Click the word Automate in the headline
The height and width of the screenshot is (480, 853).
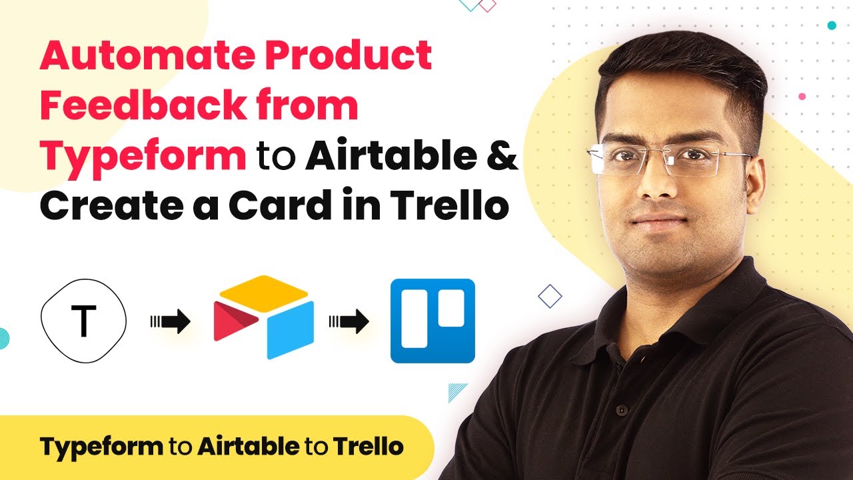pyautogui.click(x=147, y=55)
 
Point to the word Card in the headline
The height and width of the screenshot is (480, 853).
pyautogui.click(x=280, y=205)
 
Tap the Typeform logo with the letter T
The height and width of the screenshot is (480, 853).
pyautogui.click(x=83, y=321)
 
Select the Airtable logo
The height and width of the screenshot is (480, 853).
pyautogui.click(x=264, y=317)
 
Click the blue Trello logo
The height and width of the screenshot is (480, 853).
pyautogui.click(x=432, y=321)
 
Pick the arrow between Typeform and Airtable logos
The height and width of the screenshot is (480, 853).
pyautogui.click(x=170, y=321)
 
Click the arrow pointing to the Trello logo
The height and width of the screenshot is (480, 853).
pyautogui.click(x=349, y=321)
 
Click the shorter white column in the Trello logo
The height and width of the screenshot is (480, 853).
pyautogui.click(x=451, y=308)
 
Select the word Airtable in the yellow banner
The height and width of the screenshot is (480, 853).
pyautogui.click(x=249, y=447)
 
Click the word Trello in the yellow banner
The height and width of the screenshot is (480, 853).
pyautogui.click(x=369, y=447)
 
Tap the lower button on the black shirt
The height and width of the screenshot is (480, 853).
pyautogui.click(x=622, y=410)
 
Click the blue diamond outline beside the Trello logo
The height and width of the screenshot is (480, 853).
pyautogui.click(x=550, y=296)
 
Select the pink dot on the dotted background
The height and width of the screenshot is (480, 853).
pyautogui.click(x=802, y=97)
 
